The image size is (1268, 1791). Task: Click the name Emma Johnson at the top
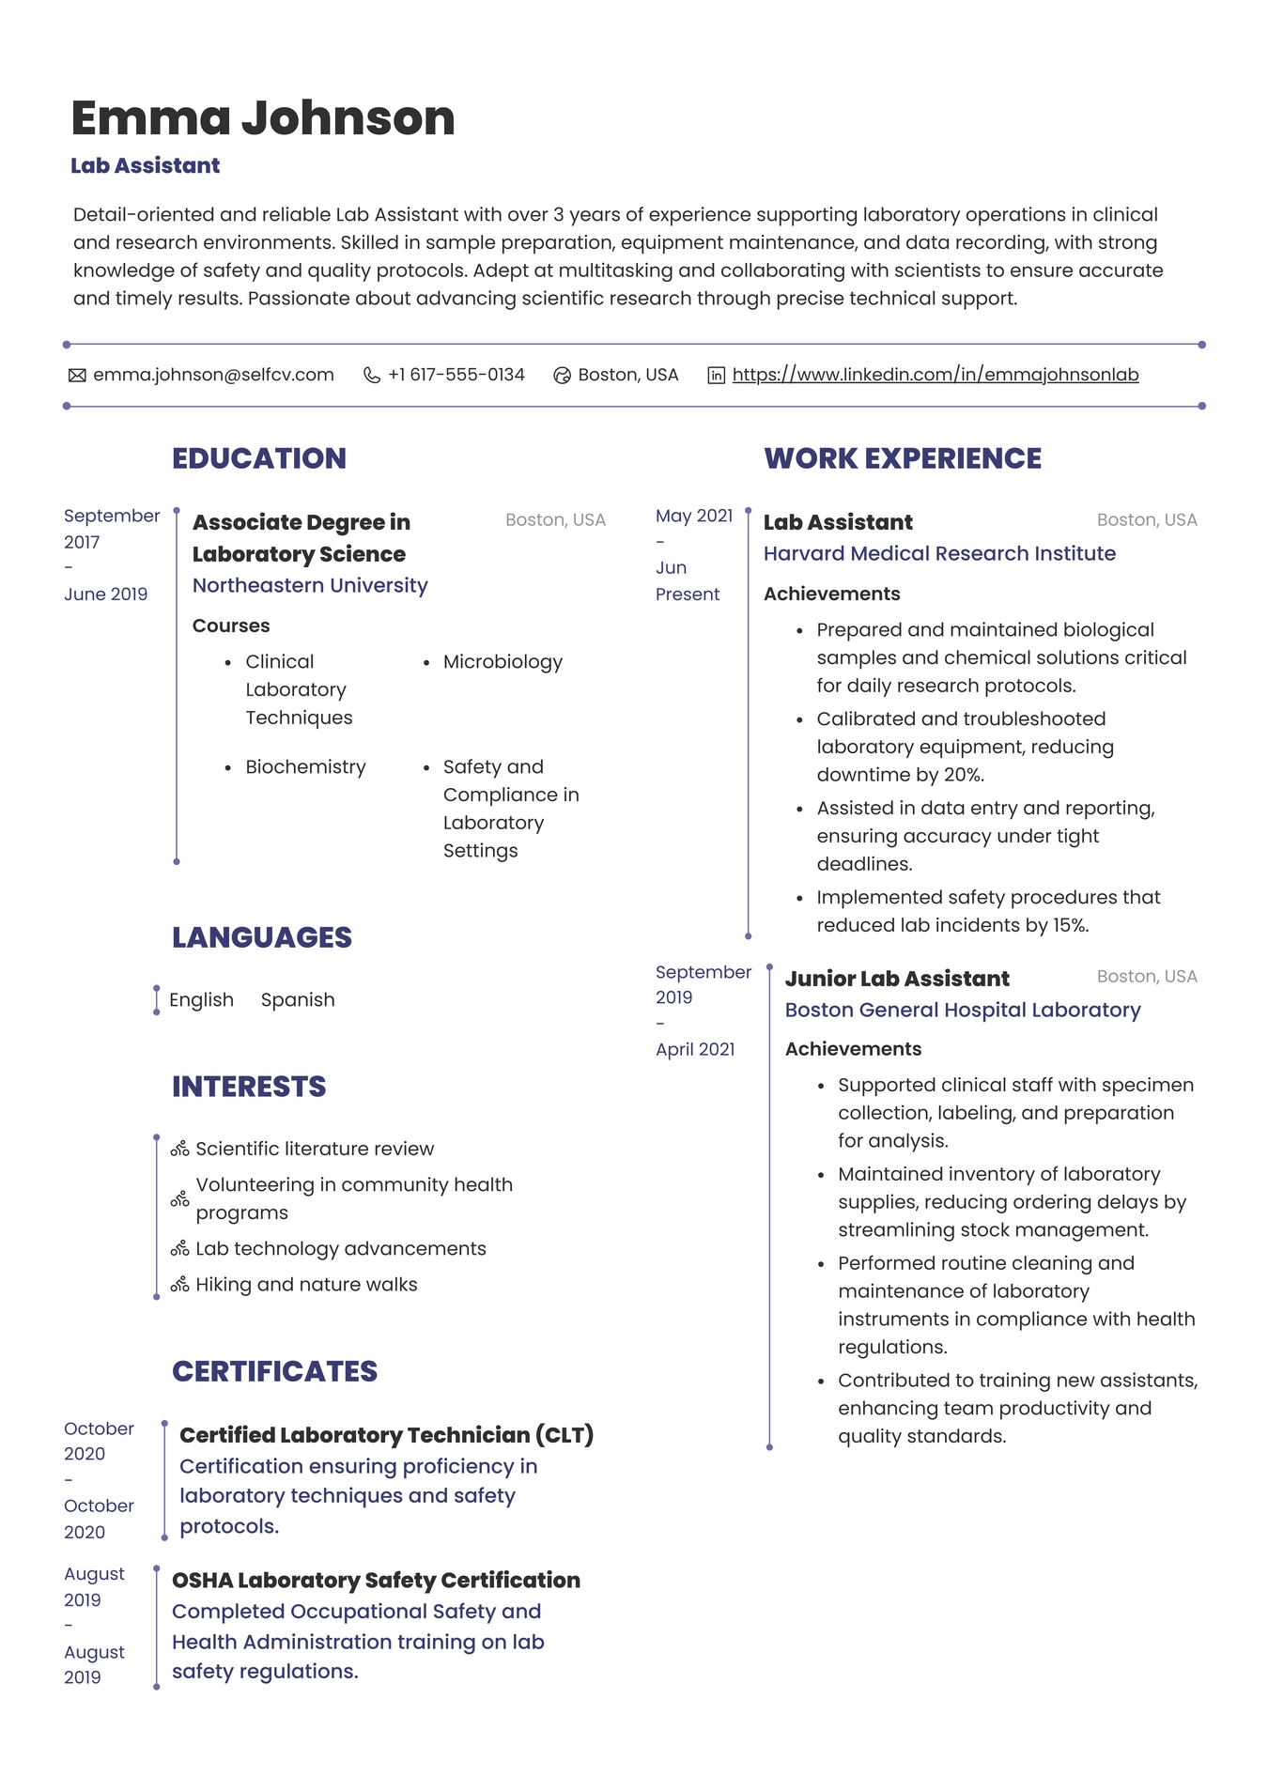(x=262, y=118)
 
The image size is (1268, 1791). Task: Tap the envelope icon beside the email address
(x=77, y=376)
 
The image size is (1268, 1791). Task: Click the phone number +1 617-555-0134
(x=456, y=375)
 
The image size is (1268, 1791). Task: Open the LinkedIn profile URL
(x=935, y=375)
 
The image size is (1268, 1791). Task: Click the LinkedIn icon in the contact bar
(x=716, y=376)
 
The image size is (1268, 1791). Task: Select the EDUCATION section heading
(x=258, y=458)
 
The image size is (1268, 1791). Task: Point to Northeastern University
(x=310, y=585)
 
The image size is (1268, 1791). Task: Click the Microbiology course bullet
(x=503, y=662)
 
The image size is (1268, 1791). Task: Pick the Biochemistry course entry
(x=305, y=767)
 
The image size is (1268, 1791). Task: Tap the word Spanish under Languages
(x=298, y=1000)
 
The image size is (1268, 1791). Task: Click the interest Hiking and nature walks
(x=306, y=1285)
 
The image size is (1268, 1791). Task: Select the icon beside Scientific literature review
(x=179, y=1150)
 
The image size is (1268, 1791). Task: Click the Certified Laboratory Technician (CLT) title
(x=386, y=1435)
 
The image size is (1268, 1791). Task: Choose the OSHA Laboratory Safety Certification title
(x=376, y=1581)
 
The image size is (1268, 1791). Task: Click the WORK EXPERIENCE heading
(x=902, y=458)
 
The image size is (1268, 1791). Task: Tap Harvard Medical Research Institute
(x=939, y=554)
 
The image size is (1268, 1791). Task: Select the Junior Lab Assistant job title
(x=897, y=979)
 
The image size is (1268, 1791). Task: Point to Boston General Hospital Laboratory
(x=963, y=1011)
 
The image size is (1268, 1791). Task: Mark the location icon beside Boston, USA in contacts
(x=562, y=376)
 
